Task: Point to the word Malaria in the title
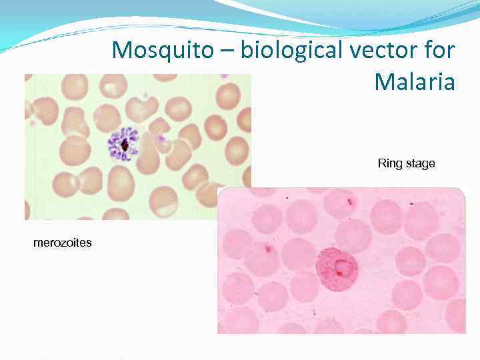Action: click(415, 82)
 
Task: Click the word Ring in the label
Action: click(390, 163)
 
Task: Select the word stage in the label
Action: click(420, 164)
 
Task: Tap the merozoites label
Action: click(63, 243)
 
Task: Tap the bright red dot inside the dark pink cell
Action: click(339, 273)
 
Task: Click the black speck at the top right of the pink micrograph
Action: click(411, 203)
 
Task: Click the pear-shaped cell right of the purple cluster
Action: click(149, 157)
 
